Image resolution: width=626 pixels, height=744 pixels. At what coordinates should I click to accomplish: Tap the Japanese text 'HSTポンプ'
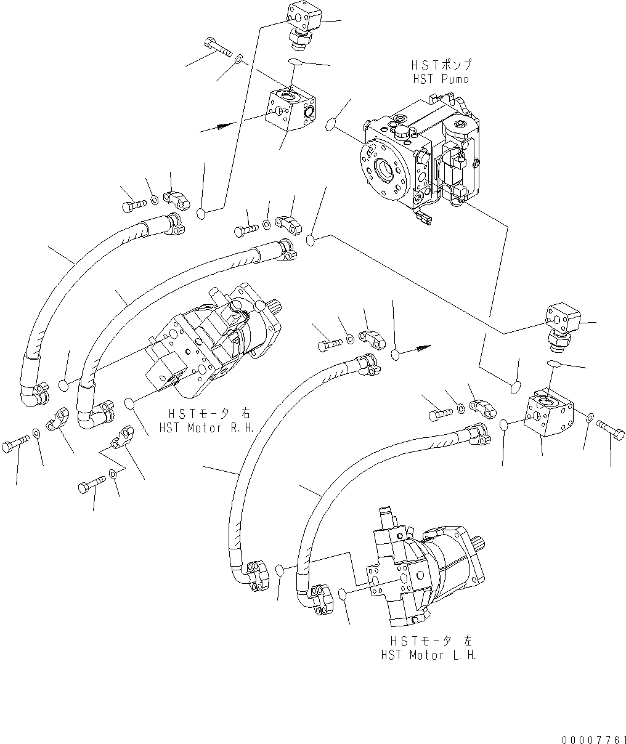439,65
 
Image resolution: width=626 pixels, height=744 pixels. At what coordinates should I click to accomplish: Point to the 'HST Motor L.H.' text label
429,655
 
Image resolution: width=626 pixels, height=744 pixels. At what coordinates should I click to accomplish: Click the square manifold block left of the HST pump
291,111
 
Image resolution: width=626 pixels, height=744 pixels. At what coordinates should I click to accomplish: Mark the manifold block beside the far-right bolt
548,415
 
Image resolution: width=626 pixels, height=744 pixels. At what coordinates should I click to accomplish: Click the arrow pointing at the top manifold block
227,125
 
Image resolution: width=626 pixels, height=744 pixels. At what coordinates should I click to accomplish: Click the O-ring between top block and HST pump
331,124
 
